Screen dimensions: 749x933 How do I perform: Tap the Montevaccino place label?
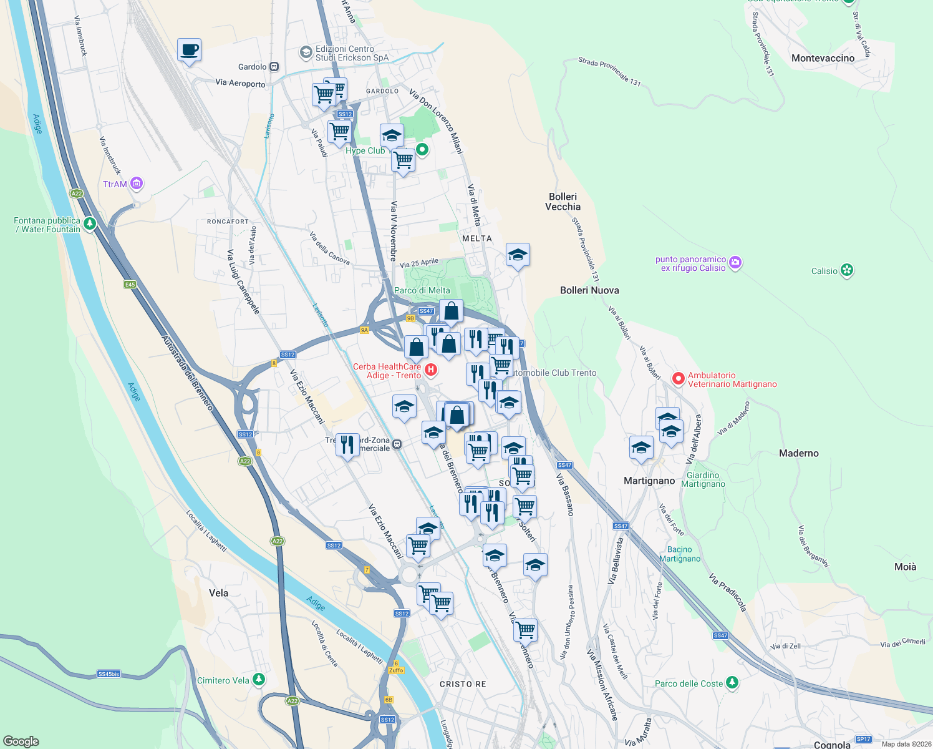pyautogui.click(x=823, y=58)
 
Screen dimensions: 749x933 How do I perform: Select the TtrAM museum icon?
pyautogui.click(x=137, y=184)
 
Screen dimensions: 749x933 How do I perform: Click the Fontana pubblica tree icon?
pyautogui.click(x=90, y=223)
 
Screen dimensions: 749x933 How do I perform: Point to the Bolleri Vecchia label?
pyautogui.click(x=563, y=202)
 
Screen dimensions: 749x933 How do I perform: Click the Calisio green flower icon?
pyautogui.click(x=847, y=270)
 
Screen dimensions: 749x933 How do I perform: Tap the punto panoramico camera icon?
pyautogui.click(x=735, y=262)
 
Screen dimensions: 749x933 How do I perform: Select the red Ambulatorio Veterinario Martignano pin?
pyautogui.click(x=679, y=378)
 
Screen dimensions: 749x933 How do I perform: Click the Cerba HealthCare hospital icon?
pyautogui.click(x=430, y=370)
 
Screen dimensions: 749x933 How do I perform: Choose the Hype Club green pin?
pyautogui.click(x=422, y=149)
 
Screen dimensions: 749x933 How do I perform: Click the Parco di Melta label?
pyautogui.click(x=422, y=290)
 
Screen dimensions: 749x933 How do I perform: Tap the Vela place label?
pyautogui.click(x=218, y=593)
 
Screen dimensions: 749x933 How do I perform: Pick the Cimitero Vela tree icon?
pyautogui.click(x=259, y=680)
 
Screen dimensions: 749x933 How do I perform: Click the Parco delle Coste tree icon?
pyautogui.click(x=732, y=683)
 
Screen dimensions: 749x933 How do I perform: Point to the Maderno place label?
pyautogui.click(x=798, y=453)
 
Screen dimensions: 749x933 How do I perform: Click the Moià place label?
pyautogui.click(x=905, y=567)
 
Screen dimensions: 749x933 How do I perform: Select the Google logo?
pyautogui.click(x=21, y=741)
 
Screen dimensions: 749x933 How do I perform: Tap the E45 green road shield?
pyautogui.click(x=130, y=285)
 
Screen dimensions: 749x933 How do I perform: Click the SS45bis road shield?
pyautogui.click(x=109, y=674)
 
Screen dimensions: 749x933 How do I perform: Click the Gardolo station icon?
pyautogui.click(x=274, y=67)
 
